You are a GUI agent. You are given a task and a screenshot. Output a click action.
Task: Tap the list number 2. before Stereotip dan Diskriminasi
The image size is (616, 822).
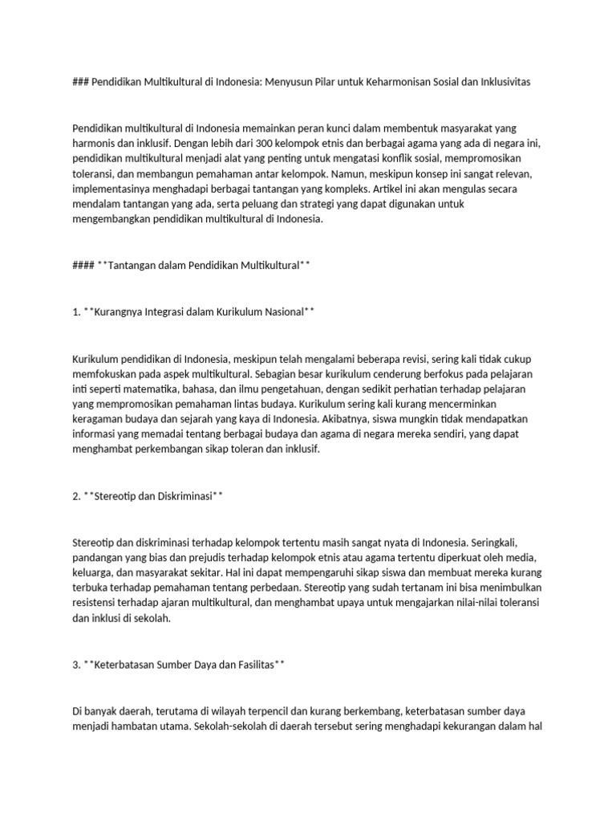[x=76, y=496]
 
